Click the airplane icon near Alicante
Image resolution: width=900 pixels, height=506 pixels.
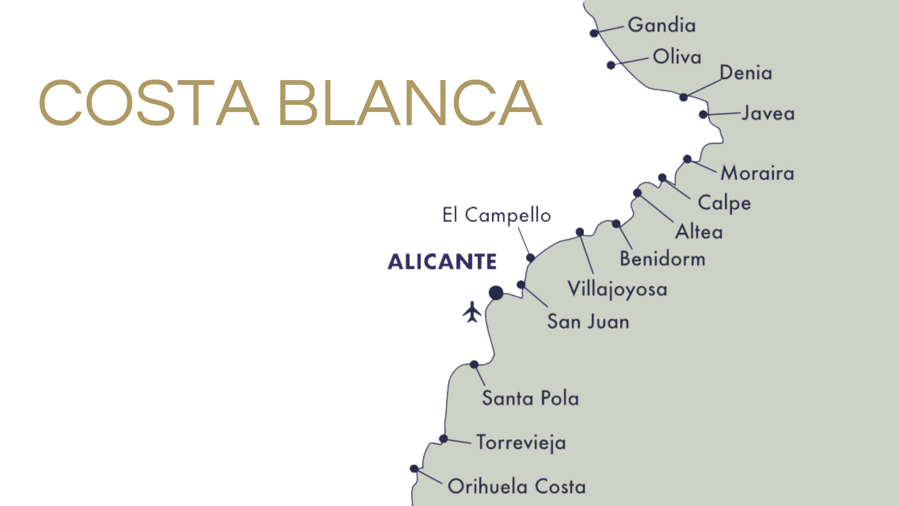pos(472,312)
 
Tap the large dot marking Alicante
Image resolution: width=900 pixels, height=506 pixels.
pos(496,293)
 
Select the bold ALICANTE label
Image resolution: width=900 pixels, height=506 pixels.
pos(442,261)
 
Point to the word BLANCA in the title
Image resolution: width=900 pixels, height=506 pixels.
pos(410,104)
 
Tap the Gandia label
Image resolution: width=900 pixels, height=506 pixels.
pos(661,25)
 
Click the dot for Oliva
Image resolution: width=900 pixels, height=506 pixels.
pos(611,65)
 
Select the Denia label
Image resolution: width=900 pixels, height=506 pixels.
pos(746,73)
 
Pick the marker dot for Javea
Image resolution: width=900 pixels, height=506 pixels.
pos(703,114)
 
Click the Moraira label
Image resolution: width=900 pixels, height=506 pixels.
pos(757,173)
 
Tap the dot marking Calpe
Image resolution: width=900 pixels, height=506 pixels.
pos(662,178)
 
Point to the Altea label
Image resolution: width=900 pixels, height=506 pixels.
pos(699,232)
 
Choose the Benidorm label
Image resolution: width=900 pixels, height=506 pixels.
pos(662,259)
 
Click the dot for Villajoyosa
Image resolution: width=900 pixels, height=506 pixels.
pos(580,232)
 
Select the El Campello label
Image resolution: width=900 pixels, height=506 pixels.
pos(496,216)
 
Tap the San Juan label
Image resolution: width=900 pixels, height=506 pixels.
pos(588,322)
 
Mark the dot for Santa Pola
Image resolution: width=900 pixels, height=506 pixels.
pos(474,365)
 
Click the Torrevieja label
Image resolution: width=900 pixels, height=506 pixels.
pos(521,443)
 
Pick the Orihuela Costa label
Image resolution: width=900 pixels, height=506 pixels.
pos(517,487)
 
